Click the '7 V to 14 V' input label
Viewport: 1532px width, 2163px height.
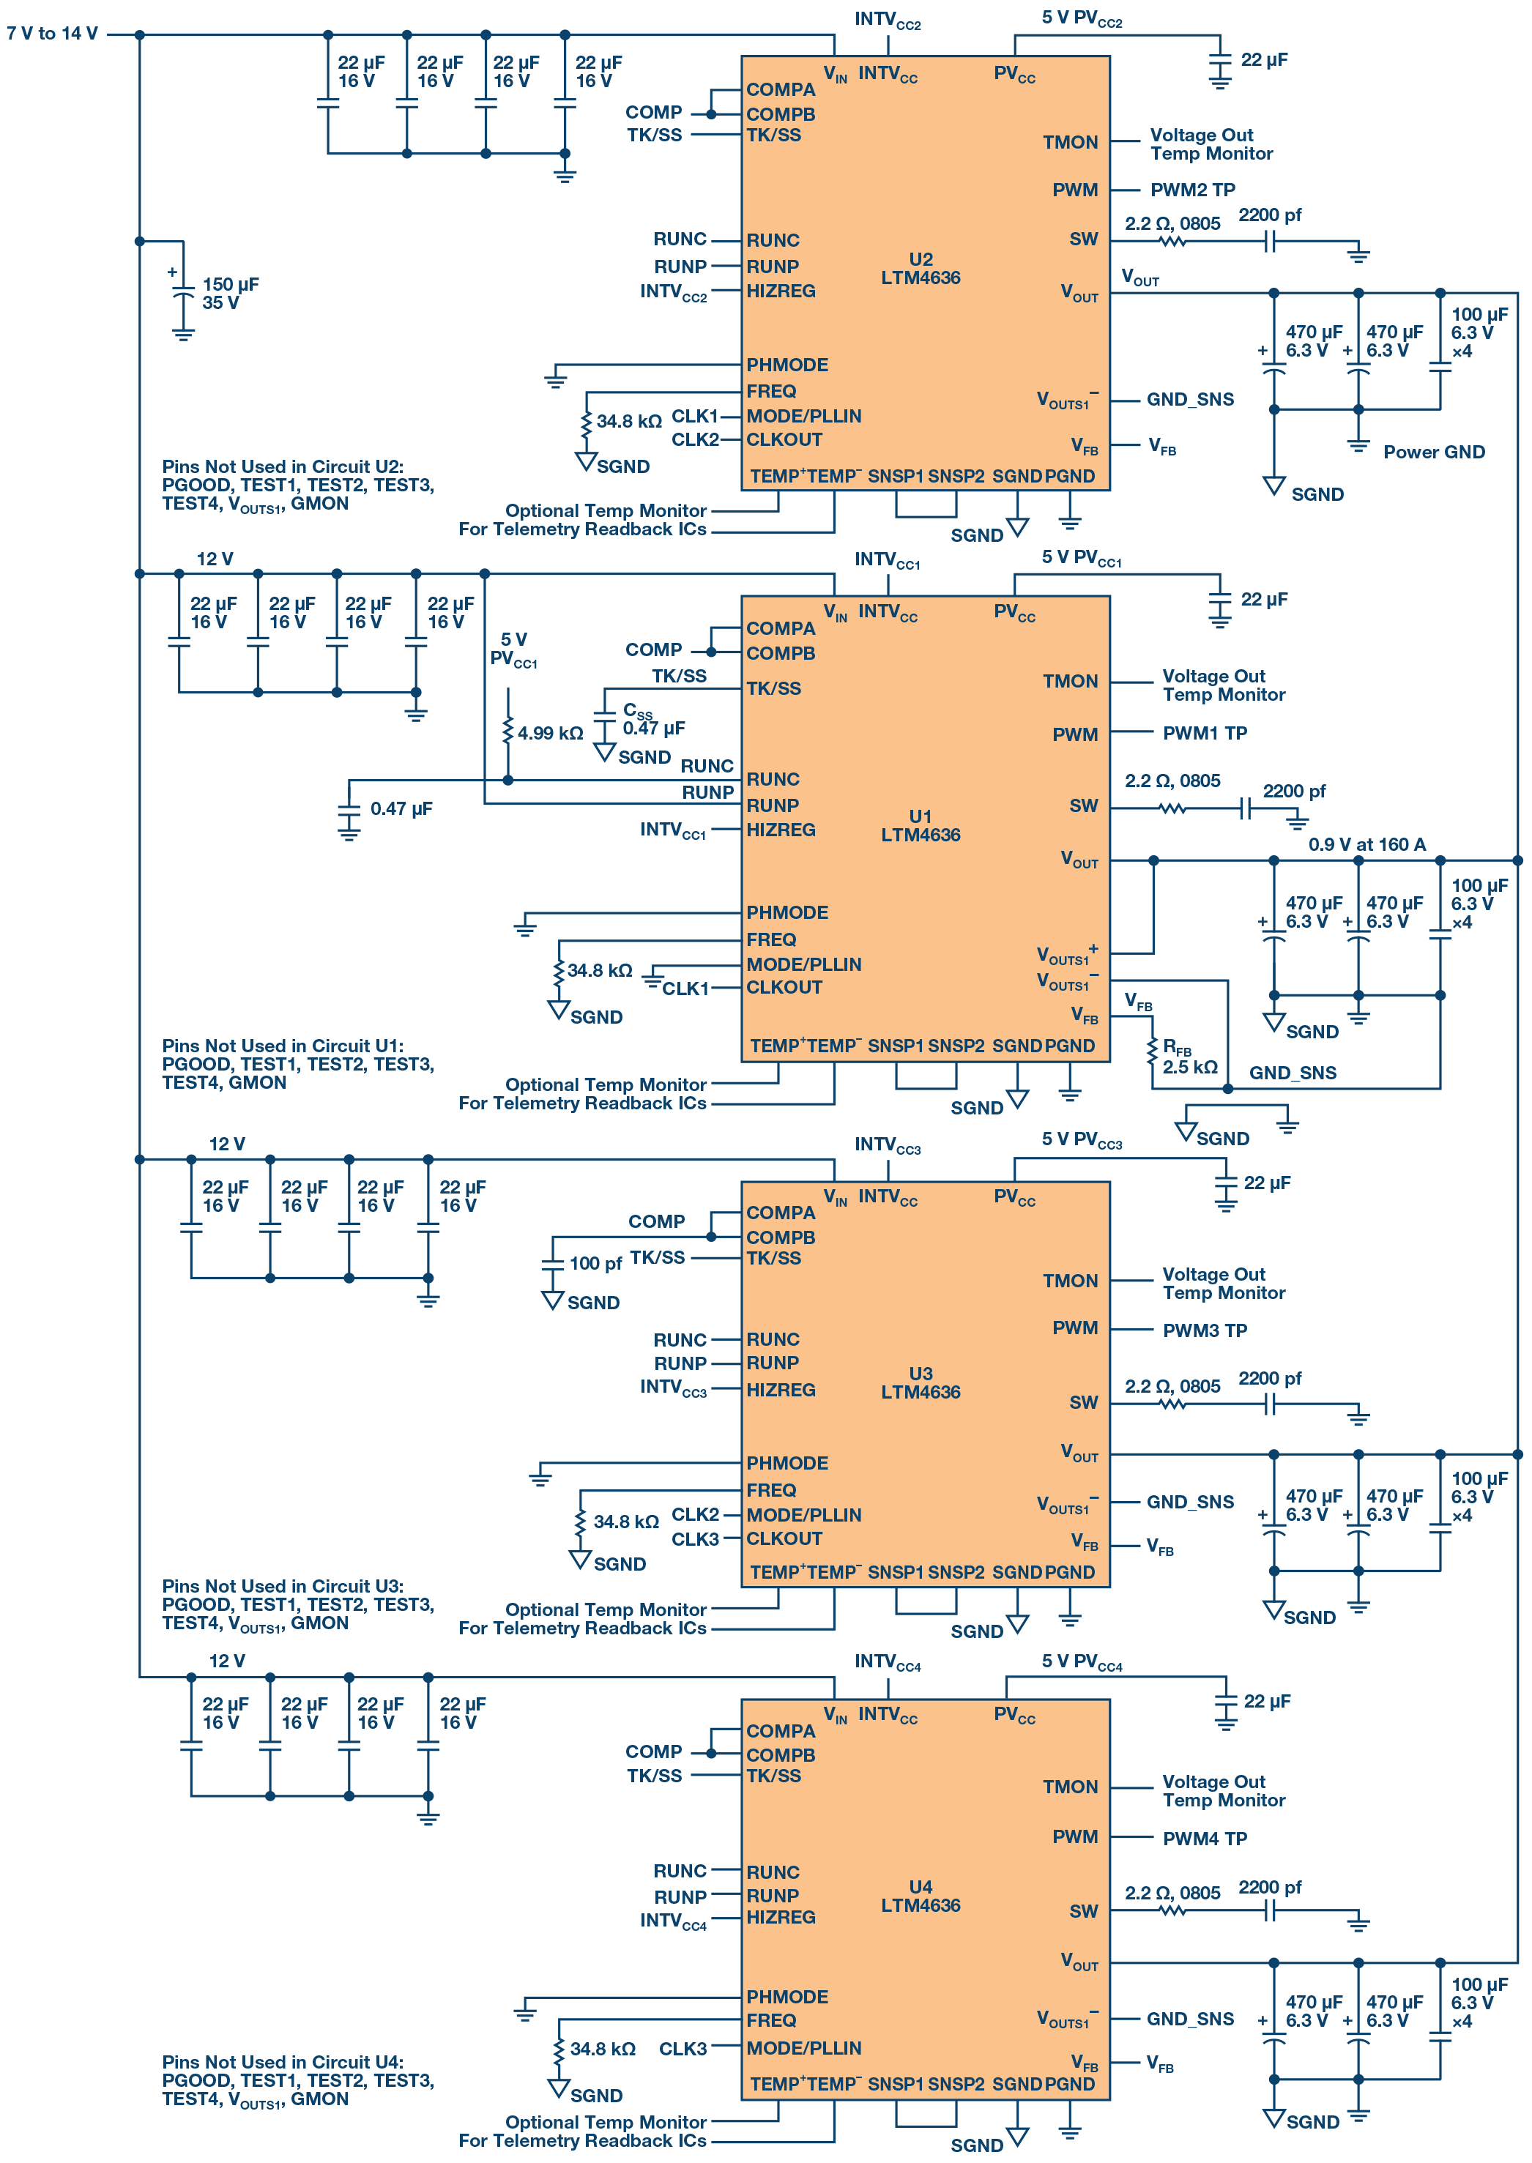52,34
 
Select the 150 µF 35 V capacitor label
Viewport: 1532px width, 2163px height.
229,294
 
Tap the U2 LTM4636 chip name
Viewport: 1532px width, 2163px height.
920,269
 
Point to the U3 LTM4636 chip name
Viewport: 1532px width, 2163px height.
920,1383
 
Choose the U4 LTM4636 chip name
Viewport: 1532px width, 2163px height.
920,1896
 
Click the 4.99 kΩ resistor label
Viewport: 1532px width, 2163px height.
550,733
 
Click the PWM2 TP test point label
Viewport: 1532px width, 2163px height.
1191,190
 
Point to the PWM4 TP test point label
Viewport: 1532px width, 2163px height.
1204,1839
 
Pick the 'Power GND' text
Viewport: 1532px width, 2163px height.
1433,452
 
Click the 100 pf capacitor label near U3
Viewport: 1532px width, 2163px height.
595,1263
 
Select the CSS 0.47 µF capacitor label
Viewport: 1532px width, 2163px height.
652,720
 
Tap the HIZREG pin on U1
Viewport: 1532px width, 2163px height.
780,830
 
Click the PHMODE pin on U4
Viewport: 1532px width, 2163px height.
787,1997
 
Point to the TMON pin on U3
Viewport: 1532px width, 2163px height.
1070,1281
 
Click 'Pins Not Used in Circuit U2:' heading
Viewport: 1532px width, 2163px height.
282,467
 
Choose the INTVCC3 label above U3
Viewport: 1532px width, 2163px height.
887,1145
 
